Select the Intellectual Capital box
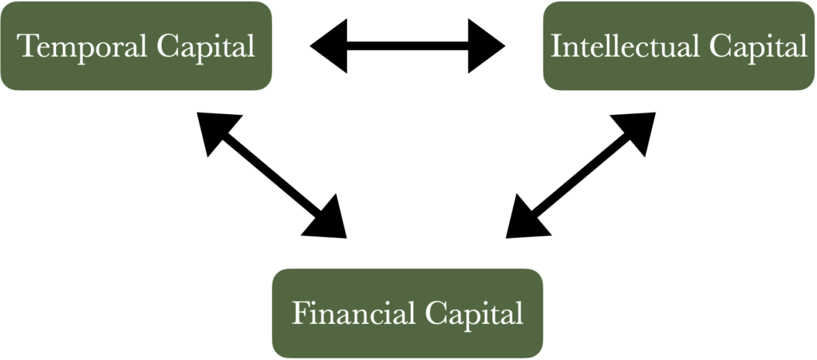pos(679,45)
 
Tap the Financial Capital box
pos(408,312)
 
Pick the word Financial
pos(351,313)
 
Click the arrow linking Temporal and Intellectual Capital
pos(408,46)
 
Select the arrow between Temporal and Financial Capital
pos(271,175)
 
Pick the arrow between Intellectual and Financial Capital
pos(581,175)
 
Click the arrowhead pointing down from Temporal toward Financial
pos(326,219)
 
